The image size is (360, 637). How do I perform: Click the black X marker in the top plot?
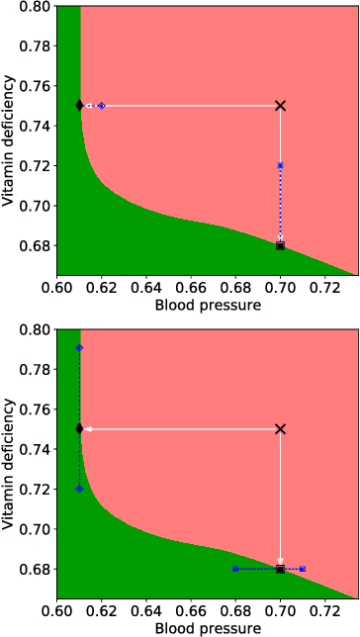281,105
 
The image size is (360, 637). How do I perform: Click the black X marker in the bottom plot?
281,428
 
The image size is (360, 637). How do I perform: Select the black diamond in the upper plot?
80,105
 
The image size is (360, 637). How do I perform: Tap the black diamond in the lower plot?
80,428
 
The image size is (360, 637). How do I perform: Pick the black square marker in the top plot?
281,245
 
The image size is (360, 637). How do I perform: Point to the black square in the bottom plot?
281,569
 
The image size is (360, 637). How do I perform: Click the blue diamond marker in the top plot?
102,105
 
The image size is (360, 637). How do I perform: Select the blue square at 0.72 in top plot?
281,165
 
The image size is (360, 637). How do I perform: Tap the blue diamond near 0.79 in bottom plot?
80,348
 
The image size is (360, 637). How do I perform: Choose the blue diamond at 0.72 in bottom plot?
80,489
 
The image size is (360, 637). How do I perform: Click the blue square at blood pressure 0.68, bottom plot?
235,569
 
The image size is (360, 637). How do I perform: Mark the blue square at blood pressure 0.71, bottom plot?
303,569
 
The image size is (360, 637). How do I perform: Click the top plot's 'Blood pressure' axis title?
208,306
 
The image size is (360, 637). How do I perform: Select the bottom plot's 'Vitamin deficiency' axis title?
10,463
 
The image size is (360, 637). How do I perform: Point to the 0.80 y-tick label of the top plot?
37,6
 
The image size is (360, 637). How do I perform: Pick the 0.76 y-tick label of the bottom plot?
37,409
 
